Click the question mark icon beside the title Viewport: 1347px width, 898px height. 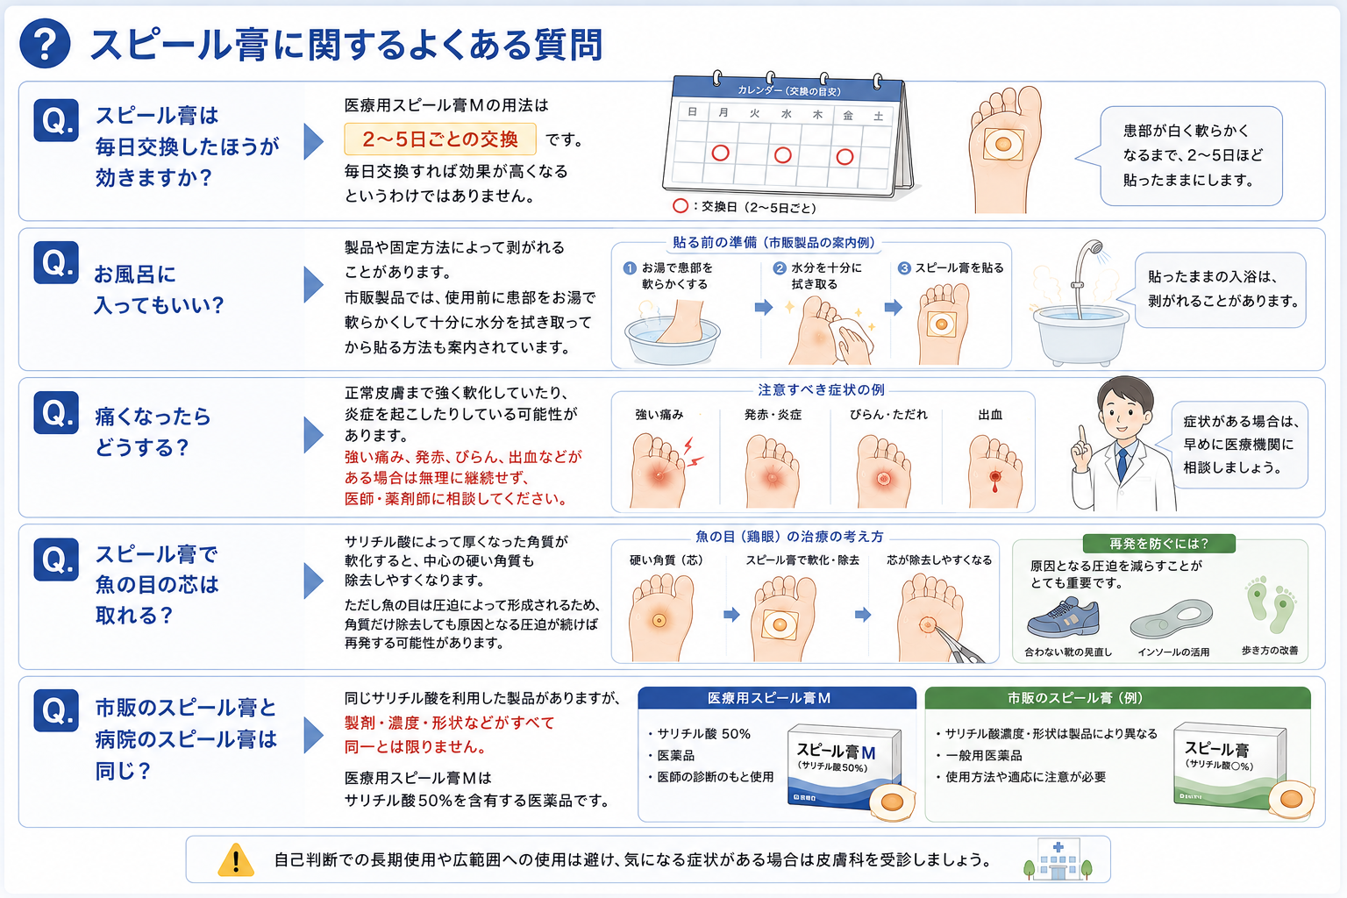[x=45, y=43]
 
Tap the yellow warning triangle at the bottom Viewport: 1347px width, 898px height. [x=236, y=859]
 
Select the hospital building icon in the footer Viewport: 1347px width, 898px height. [x=1058, y=859]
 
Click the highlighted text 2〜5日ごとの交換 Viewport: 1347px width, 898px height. [x=440, y=139]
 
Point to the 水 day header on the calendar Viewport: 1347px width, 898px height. [x=786, y=114]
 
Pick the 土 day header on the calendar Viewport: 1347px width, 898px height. [x=879, y=116]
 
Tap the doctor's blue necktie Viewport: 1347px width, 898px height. [x=1122, y=464]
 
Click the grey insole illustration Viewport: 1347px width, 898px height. [x=1171, y=619]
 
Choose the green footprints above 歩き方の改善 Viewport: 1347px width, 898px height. [x=1271, y=604]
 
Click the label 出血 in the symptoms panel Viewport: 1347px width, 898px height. [x=990, y=415]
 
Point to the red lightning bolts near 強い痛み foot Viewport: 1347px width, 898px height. [x=694, y=453]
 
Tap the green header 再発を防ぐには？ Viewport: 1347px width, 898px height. [x=1158, y=544]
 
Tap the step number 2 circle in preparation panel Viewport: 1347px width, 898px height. [x=780, y=268]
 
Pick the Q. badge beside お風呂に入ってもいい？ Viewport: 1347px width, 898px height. [x=56, y=263]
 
